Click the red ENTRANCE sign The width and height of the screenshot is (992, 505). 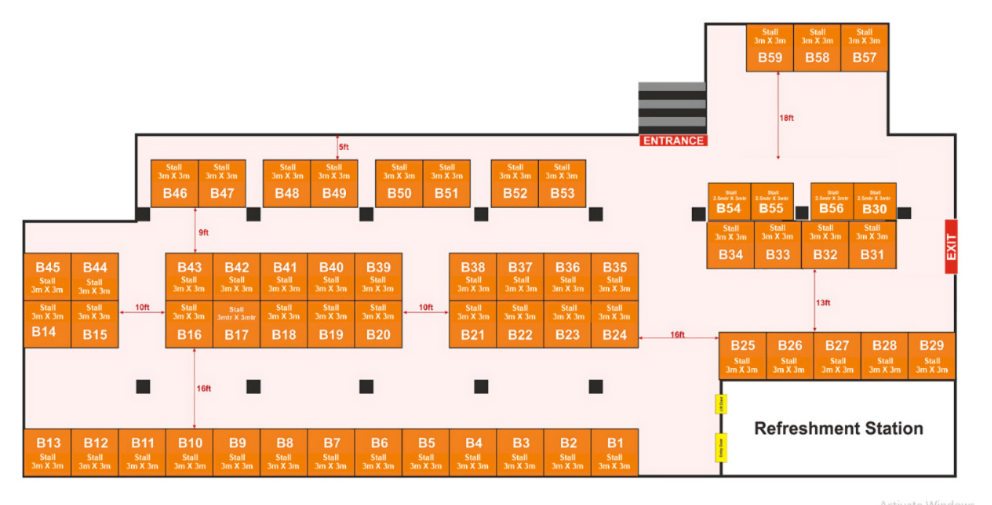pos(673,140)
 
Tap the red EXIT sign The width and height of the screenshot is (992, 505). pos(950,247)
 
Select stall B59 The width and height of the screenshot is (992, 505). pos(770,47)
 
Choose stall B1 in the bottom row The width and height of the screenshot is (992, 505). pos(615,452)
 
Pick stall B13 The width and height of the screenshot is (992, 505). pos(48,452)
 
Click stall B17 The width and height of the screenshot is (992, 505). pos(237,324)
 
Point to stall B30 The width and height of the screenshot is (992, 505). pos(875,202)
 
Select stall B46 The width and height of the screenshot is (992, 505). pos(175,183)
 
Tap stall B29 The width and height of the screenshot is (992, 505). pos(932,356)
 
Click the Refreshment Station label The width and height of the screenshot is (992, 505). pos(838,429)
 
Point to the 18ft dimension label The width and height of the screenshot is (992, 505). pos(787,118)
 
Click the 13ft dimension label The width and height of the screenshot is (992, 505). pos(823,303)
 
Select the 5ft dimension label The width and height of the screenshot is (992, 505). pos(344,147)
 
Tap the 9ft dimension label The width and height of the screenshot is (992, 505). pos(204,232)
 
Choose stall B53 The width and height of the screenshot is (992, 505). pos(562,183)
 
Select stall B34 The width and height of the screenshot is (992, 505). pos(731,244)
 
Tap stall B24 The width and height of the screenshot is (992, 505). pos(615,324)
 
